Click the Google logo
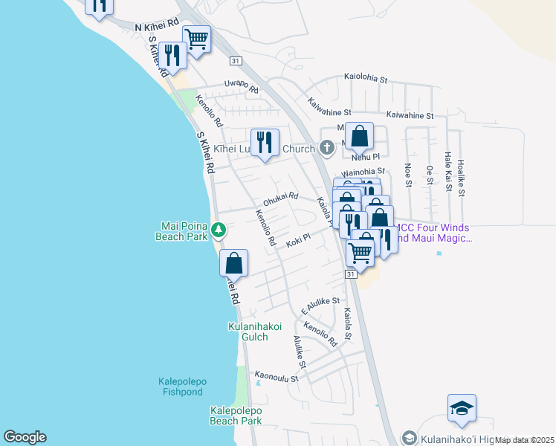tap(25, 437)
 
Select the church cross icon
tap(326, 149)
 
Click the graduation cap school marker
tap(462, 409)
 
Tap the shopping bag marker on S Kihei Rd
tap(233, 263)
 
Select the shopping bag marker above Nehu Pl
tap(359, 137)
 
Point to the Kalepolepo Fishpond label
tap(183, 387)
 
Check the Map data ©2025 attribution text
tap(525, 440)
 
